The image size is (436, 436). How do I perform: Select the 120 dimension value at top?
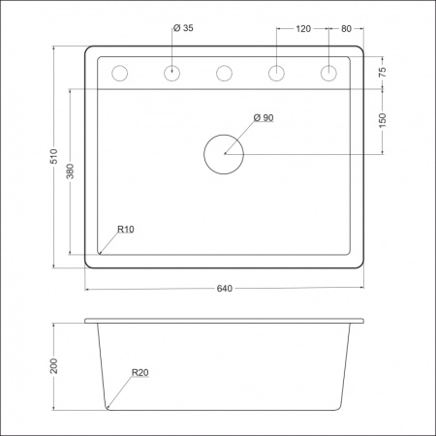pos(302,29)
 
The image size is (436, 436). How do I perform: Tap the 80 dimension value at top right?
pos(347,29)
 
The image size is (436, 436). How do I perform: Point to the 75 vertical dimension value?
pos(383,73)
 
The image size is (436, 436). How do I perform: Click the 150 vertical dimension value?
pos(383,120)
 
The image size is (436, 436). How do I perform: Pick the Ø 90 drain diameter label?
pos(264,117)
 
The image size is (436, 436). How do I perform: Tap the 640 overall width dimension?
pos(225,289)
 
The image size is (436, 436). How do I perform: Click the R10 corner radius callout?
pos(125,230)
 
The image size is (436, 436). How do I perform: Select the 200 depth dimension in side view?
pos(55,365)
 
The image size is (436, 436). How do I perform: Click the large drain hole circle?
pos(225,154)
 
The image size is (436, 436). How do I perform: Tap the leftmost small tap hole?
pos(120,73)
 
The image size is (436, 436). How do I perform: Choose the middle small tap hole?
pos(225,73)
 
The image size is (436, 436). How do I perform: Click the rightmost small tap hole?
pos(328,73)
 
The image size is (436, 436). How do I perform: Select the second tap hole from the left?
pos(172,73)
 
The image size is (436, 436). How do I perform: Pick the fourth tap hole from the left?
pos(276,73)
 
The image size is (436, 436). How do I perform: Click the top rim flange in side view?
pos(225,321)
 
